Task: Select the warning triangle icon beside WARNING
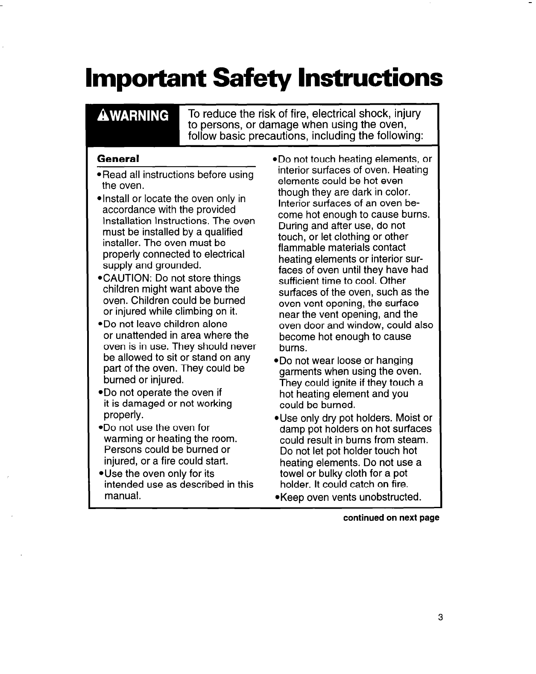click(x=103, y=116)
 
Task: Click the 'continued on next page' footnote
click(x=391, y=518)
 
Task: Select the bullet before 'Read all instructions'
click(x=99, y=175)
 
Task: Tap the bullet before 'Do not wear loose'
click(x=275, y=361)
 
